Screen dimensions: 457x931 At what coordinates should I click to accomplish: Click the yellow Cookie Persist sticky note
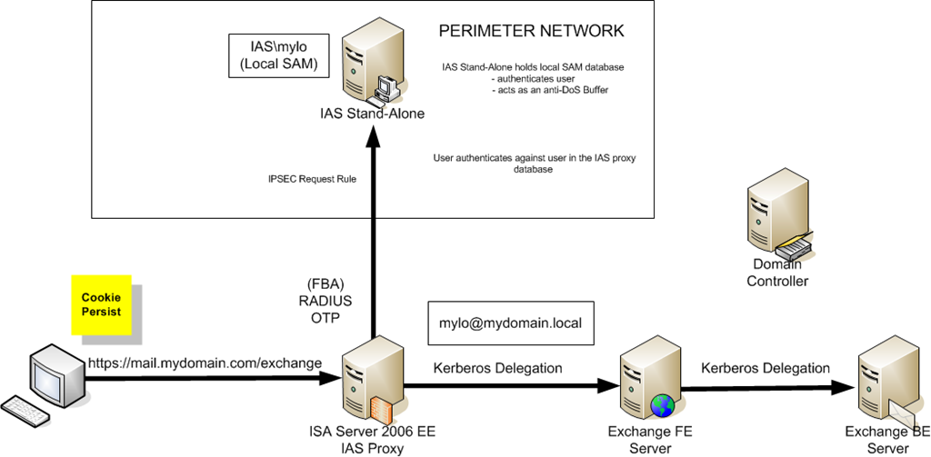101,304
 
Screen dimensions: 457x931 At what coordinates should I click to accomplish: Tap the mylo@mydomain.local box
510,323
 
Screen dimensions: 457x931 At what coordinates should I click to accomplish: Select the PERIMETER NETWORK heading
531,31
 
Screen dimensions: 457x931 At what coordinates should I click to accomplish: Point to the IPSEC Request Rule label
305,180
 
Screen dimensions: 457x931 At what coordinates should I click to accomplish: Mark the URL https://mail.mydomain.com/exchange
205,363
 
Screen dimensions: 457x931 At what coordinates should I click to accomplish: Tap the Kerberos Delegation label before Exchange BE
766,368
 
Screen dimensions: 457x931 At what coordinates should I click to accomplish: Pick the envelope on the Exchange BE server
902,413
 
